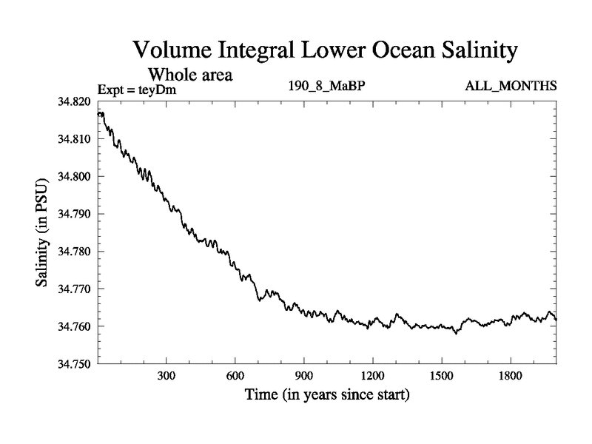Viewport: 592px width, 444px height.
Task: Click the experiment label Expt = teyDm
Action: click(x=138, y=90)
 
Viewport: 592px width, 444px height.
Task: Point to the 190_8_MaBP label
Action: click(x=326, y=87)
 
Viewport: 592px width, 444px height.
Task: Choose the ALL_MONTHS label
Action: click(x=511, y=87)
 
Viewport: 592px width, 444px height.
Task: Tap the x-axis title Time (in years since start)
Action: click(x=327, y=396)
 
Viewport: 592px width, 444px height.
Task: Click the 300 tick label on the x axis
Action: click(x=166, y=376)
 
